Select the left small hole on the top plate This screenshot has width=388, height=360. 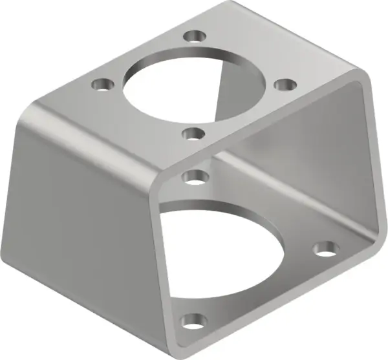click(x=100, y=84)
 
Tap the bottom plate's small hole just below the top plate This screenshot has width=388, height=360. click(x=193, y=175)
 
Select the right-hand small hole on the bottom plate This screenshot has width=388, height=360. click(x=327, y=248)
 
